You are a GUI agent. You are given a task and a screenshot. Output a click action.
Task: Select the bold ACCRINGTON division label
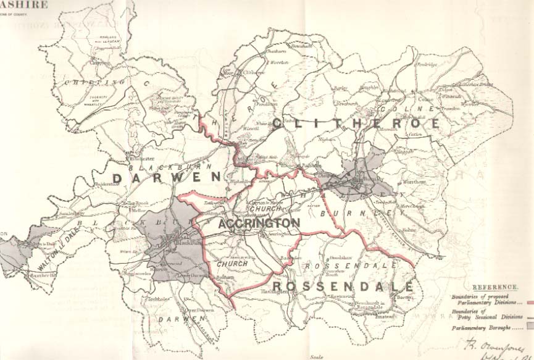click(x=259, y=223)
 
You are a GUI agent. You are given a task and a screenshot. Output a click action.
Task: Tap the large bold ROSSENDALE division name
click(x=343, y=287)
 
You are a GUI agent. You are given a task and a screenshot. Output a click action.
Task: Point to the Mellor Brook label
click(x=135, y=203)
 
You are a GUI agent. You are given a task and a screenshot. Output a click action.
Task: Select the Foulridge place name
click(x=426, y=65)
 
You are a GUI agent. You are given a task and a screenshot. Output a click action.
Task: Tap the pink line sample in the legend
click(x=528, y=303)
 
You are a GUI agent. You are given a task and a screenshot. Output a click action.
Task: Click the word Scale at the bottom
click(x=317, y=356)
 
